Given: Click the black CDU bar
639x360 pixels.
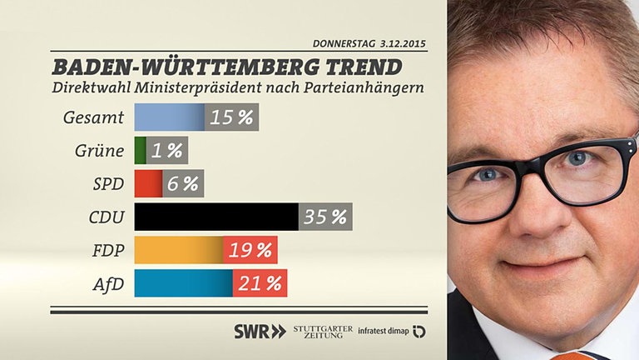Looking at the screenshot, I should click(x=215, y=217).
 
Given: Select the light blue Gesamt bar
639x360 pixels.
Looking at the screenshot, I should click(x=169, y=117).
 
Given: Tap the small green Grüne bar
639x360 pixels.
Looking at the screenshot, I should click(x=140, y=151).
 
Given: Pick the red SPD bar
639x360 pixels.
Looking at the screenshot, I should click(x=148, y=183).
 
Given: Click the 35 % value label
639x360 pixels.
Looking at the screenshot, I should click(x=325, y=217).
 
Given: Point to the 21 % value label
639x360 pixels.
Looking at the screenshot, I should click(x=260, y=283).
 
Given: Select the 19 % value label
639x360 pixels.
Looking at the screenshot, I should click(x=250, y=250).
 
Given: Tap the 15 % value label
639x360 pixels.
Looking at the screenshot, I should click(x=231, y=117).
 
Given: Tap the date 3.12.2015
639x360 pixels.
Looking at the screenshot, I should click(x=404, y=43).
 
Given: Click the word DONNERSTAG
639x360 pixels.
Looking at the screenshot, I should click(x=343, y=43).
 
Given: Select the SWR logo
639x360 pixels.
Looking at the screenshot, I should click(x=260, y=331).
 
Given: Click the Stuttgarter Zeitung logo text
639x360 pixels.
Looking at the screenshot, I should click(x=323, y=331).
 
